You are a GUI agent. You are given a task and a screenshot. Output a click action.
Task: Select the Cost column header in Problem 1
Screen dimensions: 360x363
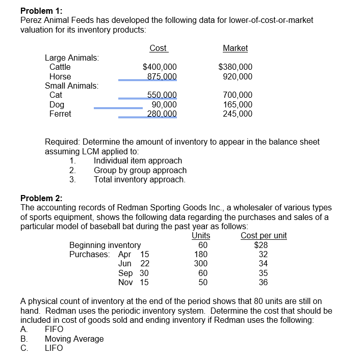coord(158,48)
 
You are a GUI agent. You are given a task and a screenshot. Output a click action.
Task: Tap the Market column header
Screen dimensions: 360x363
coord(235,48)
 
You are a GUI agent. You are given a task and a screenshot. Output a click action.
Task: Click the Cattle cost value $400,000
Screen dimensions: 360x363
coord(160,67)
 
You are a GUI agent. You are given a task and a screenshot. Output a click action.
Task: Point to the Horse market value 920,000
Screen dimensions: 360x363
coord(238,76)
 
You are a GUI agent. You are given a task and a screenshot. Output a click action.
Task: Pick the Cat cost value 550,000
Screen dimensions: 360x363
coord(162,95)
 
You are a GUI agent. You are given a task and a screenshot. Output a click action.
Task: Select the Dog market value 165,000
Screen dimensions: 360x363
coord(238,104)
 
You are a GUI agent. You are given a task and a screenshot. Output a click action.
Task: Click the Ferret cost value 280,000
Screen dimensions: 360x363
coord(162,114)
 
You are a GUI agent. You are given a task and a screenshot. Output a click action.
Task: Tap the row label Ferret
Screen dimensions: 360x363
coord(60,114)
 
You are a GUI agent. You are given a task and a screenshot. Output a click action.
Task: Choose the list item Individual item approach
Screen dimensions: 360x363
coord(138,161)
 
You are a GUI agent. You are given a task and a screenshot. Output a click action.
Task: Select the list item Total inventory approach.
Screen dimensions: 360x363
coord(140,179)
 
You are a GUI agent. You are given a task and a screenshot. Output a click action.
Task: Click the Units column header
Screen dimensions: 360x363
coord(201,235)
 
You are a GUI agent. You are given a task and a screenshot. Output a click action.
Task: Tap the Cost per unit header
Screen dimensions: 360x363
coord(264,235)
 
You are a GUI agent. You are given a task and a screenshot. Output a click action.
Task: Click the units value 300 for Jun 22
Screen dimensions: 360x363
coord(201,263)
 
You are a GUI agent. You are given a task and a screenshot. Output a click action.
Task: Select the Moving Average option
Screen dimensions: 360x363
coord(74,339)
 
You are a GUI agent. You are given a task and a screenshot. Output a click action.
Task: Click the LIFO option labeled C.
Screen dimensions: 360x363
coord(54,348)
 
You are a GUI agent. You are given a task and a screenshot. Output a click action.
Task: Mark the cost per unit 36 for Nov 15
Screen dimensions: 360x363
coord(263,282)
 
